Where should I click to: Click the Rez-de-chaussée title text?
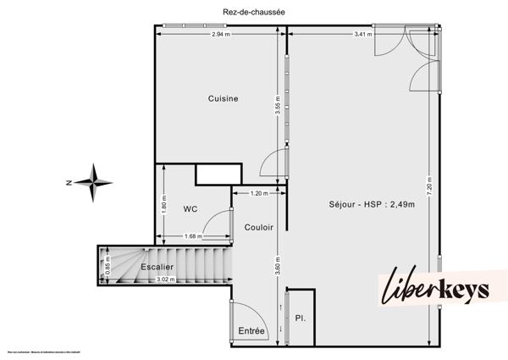click(252, 11)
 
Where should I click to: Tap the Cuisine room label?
click(224, 99)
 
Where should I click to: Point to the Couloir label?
click(257, 227)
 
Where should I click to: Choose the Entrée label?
click(251, 330)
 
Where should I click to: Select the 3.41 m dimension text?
click(363, 35)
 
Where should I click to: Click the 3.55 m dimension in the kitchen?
click(277, 110)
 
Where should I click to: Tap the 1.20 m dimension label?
click(259, 193)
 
